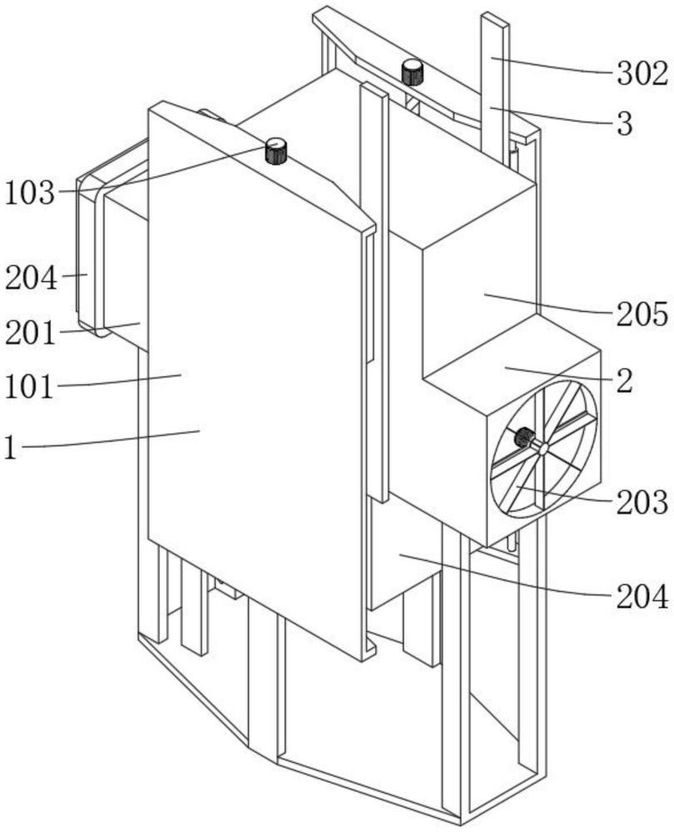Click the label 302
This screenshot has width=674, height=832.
click(642, 74)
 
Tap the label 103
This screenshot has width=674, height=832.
click(30, 193)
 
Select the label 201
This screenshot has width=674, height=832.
click(30, 334)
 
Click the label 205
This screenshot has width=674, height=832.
click(642, 314)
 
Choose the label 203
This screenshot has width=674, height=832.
click(642, 502)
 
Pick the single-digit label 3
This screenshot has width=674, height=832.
click(625, 124)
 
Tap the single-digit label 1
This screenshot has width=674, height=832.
click(10, 447)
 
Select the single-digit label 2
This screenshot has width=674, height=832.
click(625, 380)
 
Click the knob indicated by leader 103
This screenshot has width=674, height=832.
click(276, 151)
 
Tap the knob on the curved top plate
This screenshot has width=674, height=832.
click(412, 72)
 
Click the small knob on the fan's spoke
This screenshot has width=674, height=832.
click(524, 437)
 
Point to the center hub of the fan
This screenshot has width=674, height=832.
click(543, 448)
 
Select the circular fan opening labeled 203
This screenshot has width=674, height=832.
click(544, 448)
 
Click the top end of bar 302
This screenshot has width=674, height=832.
click(494, 19)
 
